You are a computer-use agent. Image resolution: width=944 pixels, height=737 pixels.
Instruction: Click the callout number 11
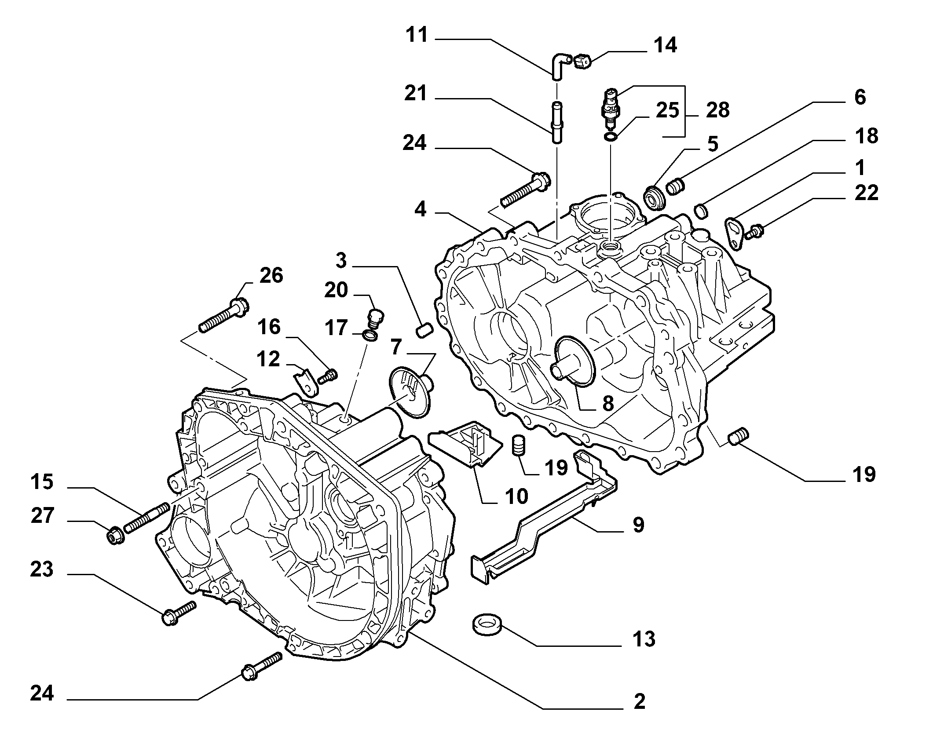click(x=417, y=35)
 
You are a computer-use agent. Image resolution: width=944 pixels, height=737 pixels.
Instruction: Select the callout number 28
click(x=717, y=110)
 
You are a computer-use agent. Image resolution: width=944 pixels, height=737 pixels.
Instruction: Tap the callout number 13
click(x=644, y=639)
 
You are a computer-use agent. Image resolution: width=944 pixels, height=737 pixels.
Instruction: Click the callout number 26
click(x=271, y=275)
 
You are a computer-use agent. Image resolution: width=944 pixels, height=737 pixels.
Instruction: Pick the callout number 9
click(x=638, y=525)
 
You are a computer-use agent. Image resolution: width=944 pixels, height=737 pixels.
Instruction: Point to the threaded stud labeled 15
click(x=147, y=518)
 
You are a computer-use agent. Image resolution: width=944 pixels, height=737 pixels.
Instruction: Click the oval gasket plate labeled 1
click(x=734, y=233)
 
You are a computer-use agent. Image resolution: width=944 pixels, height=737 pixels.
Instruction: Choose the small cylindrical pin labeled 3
click(x=424, y=330)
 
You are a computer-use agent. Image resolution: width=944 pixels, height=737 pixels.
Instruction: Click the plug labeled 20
click(x=374, y=317)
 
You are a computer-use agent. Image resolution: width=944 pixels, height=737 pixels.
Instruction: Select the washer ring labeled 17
click(x=370, y=336)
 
